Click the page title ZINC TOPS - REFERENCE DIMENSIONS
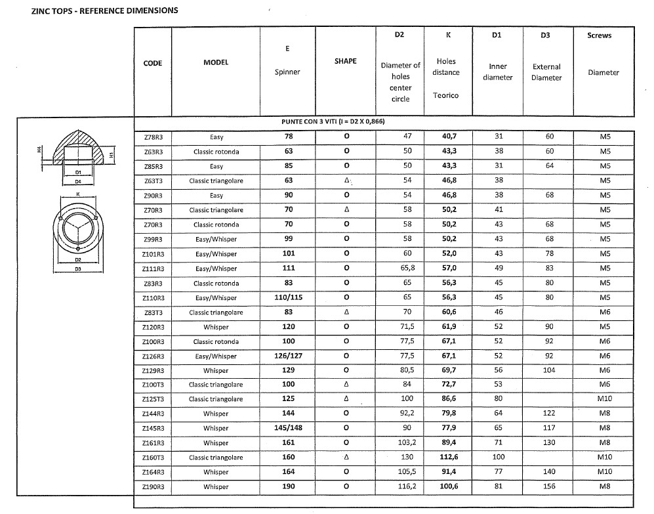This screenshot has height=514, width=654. pyautogui.click(x=95, y=11)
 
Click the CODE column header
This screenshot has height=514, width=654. pyautogui.click(x=152, y=63)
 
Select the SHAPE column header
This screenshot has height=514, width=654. pyautogui.click(x=346, y=61)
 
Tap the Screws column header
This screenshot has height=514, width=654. pyautogui.click(x=599, y=35)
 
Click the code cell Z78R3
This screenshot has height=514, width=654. pyautogui.click(x=153, y=137)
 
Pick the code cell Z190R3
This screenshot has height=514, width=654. pyautogui.click(x=153, y=487)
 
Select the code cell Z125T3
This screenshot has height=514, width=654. pyautogui.click(x=153, y=399)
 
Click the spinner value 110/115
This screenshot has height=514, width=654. pyautogui.click(x=287, y=297)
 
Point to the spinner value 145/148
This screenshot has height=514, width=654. pyautogui.click(x=287, y=428)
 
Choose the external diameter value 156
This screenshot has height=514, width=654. pyautogui.click(x=550, y=487)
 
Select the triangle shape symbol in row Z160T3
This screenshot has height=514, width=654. pyautogui.click(x=346, y=458)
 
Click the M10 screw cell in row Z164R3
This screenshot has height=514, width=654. pyautogui.click(x=605, y=472)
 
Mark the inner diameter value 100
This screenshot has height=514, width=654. pyautogui.click(x=499, y=458)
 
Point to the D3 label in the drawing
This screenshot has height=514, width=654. pyautogui.click(x=77, y=270)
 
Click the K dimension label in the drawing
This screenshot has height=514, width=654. pyautogui.click(x=77, y=194)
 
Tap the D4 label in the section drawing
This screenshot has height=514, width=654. pyautogui.click(x=77, y=181)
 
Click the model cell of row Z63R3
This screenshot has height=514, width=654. pyautogui.click(x=216, y=152)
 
